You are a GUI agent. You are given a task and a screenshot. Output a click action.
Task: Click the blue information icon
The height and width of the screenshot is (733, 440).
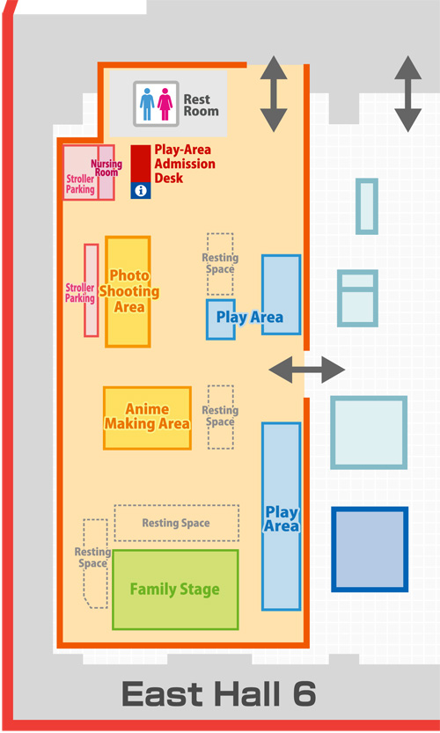(x=139, y=190)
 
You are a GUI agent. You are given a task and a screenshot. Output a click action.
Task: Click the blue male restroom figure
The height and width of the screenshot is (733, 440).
(x=147, y=104)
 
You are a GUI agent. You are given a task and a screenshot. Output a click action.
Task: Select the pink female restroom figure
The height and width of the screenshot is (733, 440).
(x=165, y=104)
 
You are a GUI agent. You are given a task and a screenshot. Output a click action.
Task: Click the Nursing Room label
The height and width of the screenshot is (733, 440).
(x=106, y=168)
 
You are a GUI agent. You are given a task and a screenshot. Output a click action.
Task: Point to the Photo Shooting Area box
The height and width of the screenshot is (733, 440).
(x=128, y=291)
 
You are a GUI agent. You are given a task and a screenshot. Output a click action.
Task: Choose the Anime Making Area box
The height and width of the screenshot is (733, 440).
(x=147, y=417)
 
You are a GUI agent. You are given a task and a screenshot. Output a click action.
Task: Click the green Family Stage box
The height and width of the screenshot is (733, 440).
(x=175, y=589)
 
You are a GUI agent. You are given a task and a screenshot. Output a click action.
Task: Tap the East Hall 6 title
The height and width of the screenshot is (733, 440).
(x=218, y=695)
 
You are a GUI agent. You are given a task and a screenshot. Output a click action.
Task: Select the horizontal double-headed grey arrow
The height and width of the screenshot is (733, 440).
(x=307, y=370)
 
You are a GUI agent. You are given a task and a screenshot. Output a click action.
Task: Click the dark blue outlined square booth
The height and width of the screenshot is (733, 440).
(x=370, y=549)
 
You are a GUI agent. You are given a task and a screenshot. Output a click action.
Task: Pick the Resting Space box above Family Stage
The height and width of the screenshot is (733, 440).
(x=176, y=523)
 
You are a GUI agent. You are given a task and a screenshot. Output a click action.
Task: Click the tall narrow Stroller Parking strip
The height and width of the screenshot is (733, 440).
(x=91, y=290)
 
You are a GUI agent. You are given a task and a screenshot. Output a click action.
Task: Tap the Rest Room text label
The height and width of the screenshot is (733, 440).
(x=201, y=106)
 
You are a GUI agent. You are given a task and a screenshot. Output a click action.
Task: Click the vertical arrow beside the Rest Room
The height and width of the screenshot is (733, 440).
(x=273, y=93)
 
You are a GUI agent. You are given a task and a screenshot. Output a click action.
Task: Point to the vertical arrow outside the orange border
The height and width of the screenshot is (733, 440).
(x=407, y=93)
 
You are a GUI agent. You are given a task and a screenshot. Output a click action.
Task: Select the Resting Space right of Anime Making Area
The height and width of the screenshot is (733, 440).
(x=220, y=416)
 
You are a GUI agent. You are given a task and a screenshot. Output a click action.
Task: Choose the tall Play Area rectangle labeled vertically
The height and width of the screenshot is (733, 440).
(x=282, y=516)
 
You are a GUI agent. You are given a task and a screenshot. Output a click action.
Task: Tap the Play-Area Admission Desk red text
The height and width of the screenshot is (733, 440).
(x=184, y=164)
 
